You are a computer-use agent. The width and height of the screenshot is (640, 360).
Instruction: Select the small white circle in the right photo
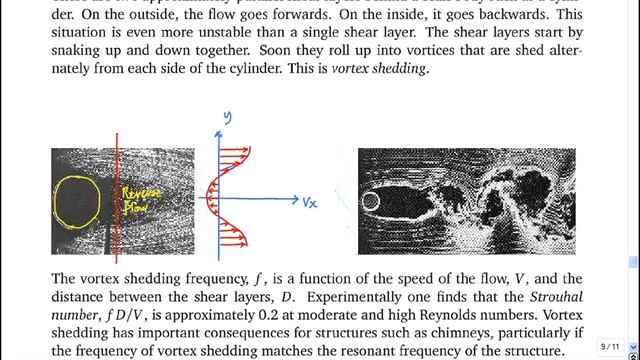tap(370, 201)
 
